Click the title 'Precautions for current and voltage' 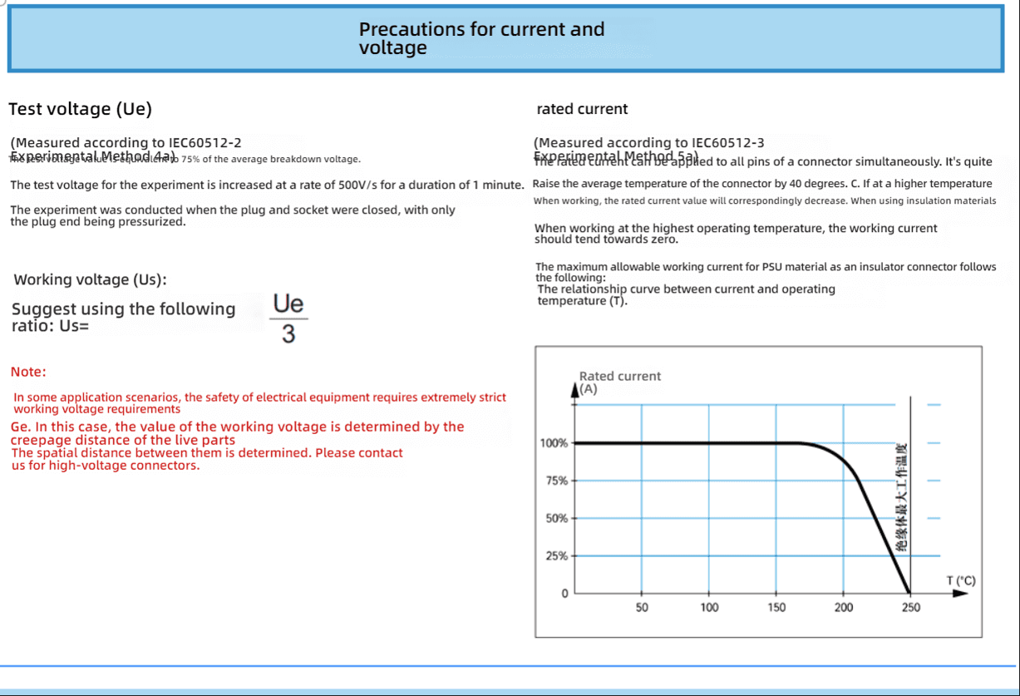tap(481, 38)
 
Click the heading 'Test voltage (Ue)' tap(80, 109)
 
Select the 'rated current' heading tap(582, 109)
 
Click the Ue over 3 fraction tap(288, 318)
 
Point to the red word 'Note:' tap(28, 372)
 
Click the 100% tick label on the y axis tap(554, 443)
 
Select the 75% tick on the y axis tap(556, 481)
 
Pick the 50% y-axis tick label tap(556, 518)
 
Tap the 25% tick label tap(556, 555)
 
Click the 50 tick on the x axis tap(642, 608)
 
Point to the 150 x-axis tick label tap(776, 608)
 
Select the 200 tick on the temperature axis tap(843, 608)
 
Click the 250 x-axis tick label tap(911, 608)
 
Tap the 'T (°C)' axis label tap(961, 580)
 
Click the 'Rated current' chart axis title tap(619, 376)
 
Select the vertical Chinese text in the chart tap(903, 498)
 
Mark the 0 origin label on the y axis tap(564, 594)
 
